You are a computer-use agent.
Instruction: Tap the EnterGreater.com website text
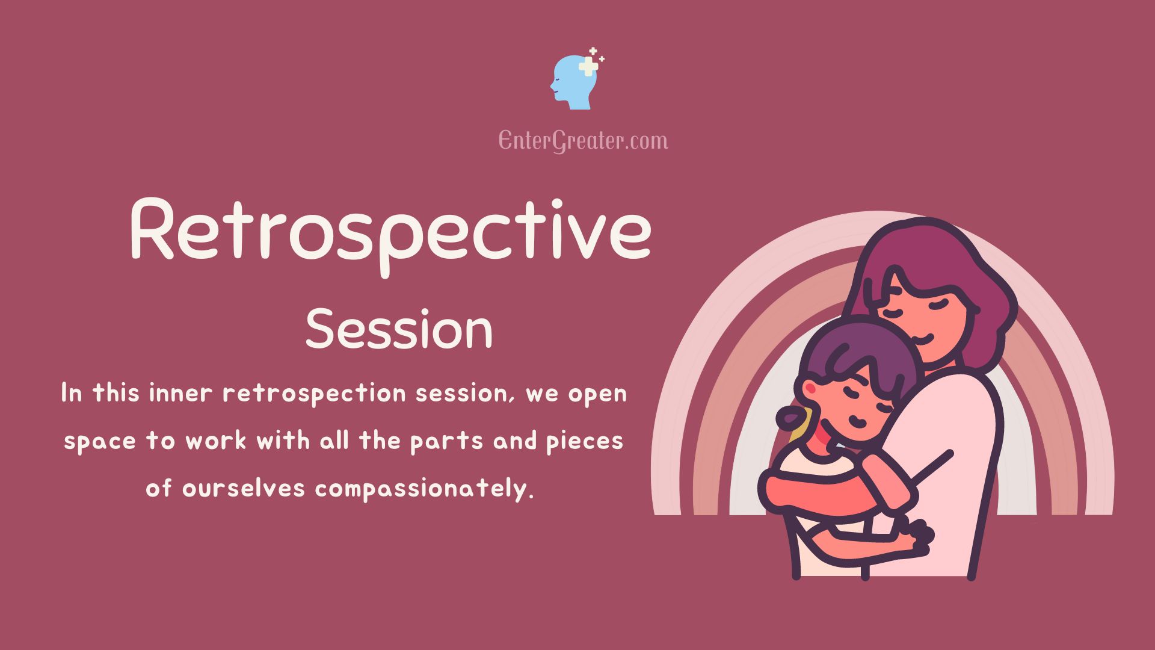point(583,141)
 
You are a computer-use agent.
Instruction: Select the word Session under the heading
point(399,329)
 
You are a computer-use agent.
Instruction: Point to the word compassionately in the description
point(425,489)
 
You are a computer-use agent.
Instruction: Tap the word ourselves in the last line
point(244,488)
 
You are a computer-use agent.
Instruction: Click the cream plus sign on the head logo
point(588,66)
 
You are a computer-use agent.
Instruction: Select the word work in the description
point(215,442)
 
